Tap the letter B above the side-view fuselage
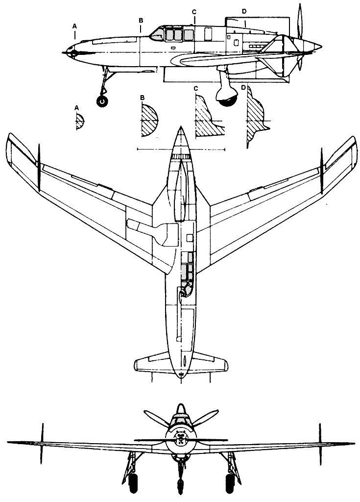click(141, 20)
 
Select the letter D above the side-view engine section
click(244, 11)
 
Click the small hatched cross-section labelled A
click(80, 120)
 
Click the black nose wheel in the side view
click(102, 101)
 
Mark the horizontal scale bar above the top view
click(181, 149)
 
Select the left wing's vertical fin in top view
click(39, 167)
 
